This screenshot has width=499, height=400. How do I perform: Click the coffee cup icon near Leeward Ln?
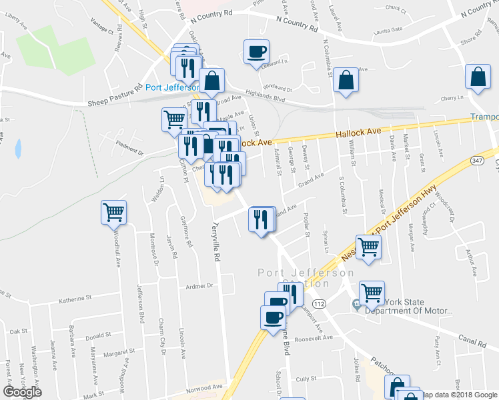[x=257, y=52]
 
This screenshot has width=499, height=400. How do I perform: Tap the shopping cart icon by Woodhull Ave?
[x=114, y=213]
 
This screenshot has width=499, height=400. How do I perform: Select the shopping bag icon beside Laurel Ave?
[x=347, y=80]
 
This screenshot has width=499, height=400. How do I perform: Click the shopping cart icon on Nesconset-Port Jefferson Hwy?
[x=369, y=246]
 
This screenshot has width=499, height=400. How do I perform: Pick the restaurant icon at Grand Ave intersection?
[x=261, y=218]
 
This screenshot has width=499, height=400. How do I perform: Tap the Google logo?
[x=22, y=392]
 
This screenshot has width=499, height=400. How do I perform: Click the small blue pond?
[x=17, y=147]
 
